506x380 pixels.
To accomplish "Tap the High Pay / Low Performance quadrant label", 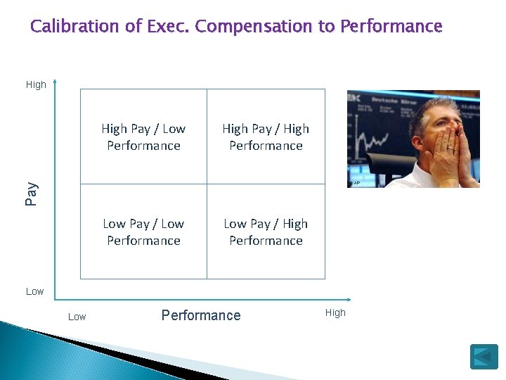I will pos(143,137).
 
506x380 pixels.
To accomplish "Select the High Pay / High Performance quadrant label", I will pos(266,137).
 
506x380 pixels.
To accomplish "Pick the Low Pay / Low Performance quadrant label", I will pos(143,232).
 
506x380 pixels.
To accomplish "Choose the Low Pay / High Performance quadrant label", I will pos(266,232).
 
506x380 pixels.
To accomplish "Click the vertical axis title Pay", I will pos(31,194).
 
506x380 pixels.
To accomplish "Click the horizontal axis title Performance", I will pos(201,315).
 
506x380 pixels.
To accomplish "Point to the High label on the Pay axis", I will pos(36,84).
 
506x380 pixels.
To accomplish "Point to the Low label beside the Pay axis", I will pos(34,291).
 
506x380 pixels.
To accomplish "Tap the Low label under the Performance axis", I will pos(77,317).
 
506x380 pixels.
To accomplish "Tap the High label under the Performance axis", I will pos(335,313).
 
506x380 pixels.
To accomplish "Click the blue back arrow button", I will pos(484,356).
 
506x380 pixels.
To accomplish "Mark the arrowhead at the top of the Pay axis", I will pos(55,82).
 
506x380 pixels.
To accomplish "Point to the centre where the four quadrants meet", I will pos(207,184).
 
